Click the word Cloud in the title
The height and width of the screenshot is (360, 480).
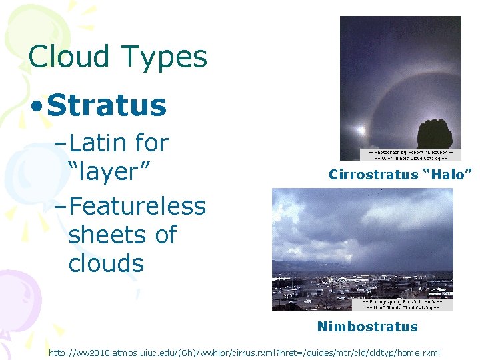[69, 57]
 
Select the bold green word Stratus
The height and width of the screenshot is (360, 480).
[107, 105]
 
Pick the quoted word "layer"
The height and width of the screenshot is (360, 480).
[111, 171]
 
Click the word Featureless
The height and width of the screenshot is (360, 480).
[137, 205]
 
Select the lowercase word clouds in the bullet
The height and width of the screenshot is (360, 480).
[106, 263]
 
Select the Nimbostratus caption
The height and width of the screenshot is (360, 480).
[367, 327]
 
